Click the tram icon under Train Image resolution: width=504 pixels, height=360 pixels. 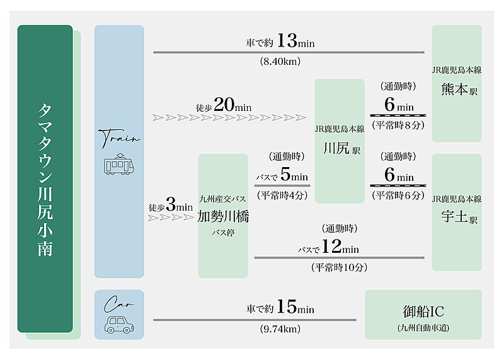pyautogui.click(x=119, y=164)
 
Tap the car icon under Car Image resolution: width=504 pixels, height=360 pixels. pyautogui.click(x=119, y=325)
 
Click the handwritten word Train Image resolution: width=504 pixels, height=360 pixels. pyautogui.click(x=119, y=138)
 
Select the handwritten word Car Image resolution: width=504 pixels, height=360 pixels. pyautogui.click(x=118, y=304)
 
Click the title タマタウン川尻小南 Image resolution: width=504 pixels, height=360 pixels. pyautogui.click(x=45, y=180)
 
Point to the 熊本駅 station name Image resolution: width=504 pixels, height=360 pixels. pyautogui.click(x=459, y=89)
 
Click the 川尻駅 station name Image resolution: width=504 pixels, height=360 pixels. pyautogui.click(x=341, y=149)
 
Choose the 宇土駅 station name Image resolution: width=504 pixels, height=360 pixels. pyautogui.click(x=459, y=216)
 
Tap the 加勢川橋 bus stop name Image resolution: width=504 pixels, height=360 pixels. pyautogui.click(x=223, y=216)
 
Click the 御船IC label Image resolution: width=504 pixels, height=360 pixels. pyautogui.click(x=423, y=311)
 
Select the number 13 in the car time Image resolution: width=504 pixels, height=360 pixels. pyautogui.click(x=287, y=40)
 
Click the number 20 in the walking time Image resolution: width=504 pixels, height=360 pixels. pyautogui.click(x=224, y=105)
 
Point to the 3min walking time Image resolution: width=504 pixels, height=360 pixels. pyautogui.click(x=180, y=205)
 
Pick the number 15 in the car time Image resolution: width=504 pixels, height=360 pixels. pyautogui.click(x=287, y=306)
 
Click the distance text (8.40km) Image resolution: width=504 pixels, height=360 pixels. pyautogui.click(x=280, y=61)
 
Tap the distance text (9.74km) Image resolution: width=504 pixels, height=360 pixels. pyautogui.click(x=280, y=329)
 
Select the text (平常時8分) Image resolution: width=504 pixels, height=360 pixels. pyautogui.click(x=398, y=125)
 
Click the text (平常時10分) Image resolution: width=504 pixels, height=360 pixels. pyautogui.click(x=340, y=267)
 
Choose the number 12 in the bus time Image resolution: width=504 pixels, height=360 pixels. pyautogui.click(x=331, y=247)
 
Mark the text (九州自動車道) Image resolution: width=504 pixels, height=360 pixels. pyautogui.click(x=423, y=328)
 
